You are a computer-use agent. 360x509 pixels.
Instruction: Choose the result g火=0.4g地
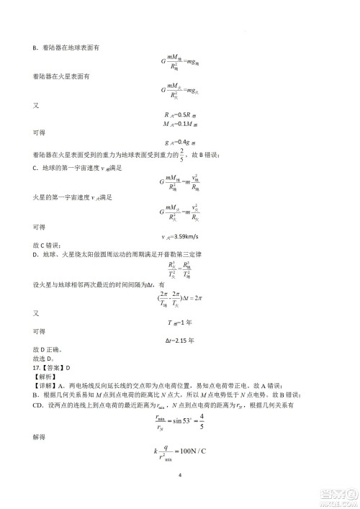pyautogui.click(x=180, y=143)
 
